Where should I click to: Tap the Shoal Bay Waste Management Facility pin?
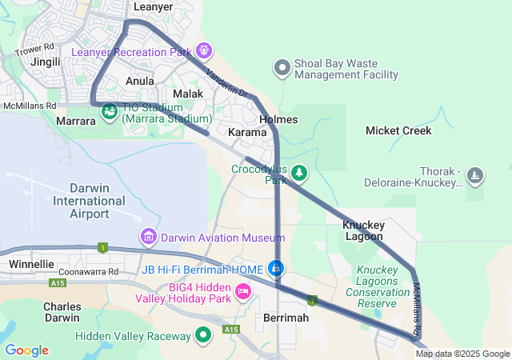point(282,68)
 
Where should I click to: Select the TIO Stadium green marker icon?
point(110,111)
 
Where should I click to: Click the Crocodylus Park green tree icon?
point(299,172)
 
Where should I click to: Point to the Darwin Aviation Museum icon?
point(148,236)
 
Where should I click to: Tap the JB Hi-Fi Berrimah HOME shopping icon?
point(277,268)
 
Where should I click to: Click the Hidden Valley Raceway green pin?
point(204,334)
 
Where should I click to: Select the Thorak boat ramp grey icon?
point(475,175)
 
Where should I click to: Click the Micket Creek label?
point(398,130)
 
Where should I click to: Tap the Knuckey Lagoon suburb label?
point(364,230)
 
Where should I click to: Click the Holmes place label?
point(278,120)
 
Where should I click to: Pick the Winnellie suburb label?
point(31,263)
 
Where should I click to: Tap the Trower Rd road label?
point(33,50)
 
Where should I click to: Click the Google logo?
point(26,350)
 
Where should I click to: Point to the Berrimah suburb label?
point(286,318)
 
